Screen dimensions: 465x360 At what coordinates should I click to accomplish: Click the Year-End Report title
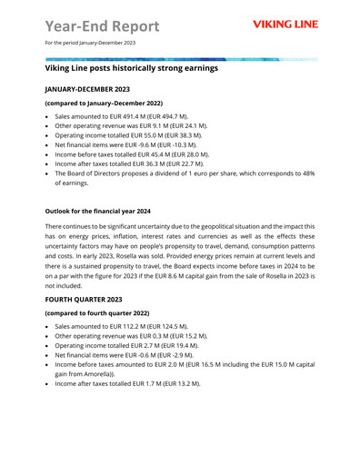pos(101,24)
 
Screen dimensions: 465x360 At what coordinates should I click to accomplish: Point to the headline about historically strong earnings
pos(131,68)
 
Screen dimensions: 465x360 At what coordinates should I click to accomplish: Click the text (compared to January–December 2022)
pos(107,105)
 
